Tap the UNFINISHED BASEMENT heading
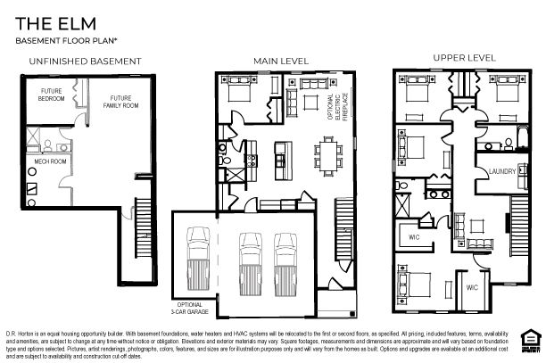(x=85, y=61)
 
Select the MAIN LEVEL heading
(x=281, y=61)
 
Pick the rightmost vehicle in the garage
(x=285, y=257)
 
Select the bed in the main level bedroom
(x=241, y=93)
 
